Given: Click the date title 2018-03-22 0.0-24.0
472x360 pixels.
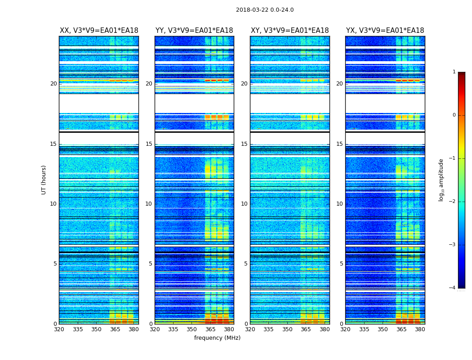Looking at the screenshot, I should click(265, 10).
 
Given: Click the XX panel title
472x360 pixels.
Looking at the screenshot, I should click(99, 31).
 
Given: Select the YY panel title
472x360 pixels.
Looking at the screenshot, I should click(194, 31).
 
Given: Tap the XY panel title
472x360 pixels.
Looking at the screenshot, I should click(289, 31).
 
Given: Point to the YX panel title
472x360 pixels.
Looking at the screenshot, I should click(385, 31).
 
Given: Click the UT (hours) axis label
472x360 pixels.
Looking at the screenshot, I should click(44, 180).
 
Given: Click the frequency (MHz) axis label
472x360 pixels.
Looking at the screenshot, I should click(217, 338).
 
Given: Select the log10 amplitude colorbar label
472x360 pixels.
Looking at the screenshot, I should click(441, 180).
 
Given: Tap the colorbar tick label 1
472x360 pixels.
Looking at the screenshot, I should click(454, 72).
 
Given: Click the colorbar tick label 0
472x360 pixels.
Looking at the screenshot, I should click(454, 115).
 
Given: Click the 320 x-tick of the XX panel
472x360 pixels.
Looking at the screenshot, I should click(59, 329).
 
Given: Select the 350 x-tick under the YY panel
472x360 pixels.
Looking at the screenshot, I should click(191, 329).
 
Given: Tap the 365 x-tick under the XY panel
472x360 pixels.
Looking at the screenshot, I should click(306, 329).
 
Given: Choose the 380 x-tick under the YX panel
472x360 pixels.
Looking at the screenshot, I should click(420, 329).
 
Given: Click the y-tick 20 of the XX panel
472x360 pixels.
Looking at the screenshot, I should click(53, 84).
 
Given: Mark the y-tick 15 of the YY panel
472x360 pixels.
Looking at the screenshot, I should click(149, 144).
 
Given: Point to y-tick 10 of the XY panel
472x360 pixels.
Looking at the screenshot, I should click(244, 204).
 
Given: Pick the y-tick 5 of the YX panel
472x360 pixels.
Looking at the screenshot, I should click(341, 264).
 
